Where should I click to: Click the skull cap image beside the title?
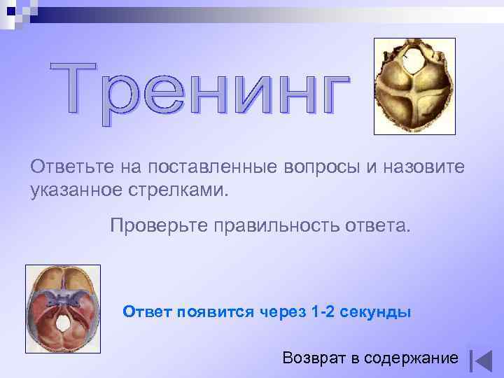(414, 86)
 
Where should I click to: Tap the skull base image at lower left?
(62, 308)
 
